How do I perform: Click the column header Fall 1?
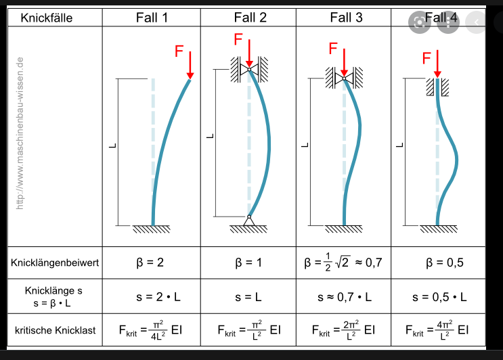(152, 18)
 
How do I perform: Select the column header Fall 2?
(249, 18)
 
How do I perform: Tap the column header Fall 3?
(345, 18)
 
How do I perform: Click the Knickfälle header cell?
(47, 18)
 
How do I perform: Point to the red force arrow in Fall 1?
(190, 66)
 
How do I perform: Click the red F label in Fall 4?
(427, 58)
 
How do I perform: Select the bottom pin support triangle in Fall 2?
(249, 220)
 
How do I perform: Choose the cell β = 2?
(152, 263)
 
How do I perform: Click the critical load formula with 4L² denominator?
(152, 330)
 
